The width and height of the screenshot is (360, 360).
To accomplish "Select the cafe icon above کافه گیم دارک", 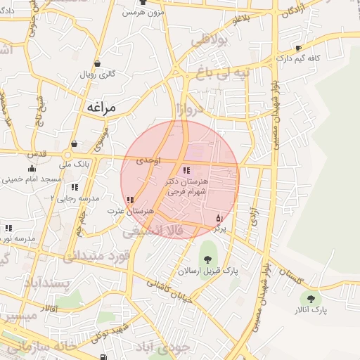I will click(x=299, y=49).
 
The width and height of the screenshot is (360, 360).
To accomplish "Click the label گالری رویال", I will click(x=97, y=74).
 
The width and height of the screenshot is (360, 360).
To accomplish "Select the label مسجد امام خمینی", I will click(x=34, y=179).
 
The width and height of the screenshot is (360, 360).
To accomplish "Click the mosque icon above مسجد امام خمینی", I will click(x=32, y=168).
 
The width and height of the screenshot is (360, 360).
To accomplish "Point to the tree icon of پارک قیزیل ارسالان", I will click(x=207, y=259).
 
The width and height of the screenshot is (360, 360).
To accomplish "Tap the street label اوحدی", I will click(x=148, y=161).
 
